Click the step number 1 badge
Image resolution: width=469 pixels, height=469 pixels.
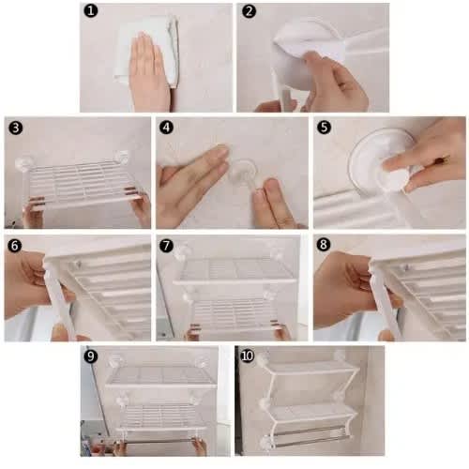pos(91,11)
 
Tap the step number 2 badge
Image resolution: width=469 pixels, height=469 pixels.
pos(249,11)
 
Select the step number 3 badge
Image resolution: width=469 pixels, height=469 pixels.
pos(16,128)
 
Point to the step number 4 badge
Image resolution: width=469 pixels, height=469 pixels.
pos(166,128)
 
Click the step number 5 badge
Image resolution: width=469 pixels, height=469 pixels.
pos(324,128)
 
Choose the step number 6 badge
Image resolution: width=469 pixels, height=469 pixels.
pos(15,246)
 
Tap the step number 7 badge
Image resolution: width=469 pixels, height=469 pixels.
pos(166,246)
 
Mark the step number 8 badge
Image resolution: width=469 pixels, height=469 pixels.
pos(324,244)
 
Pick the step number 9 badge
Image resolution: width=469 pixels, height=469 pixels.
pos(91,356)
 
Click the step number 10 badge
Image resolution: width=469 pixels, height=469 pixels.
pos(247,356)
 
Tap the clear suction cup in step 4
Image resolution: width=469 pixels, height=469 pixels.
pos(243,172)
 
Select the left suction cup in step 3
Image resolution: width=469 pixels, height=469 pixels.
pos(23,163)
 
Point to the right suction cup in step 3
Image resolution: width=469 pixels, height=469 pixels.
pos(121,158)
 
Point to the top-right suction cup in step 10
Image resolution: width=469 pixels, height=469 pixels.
pos(340,355)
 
